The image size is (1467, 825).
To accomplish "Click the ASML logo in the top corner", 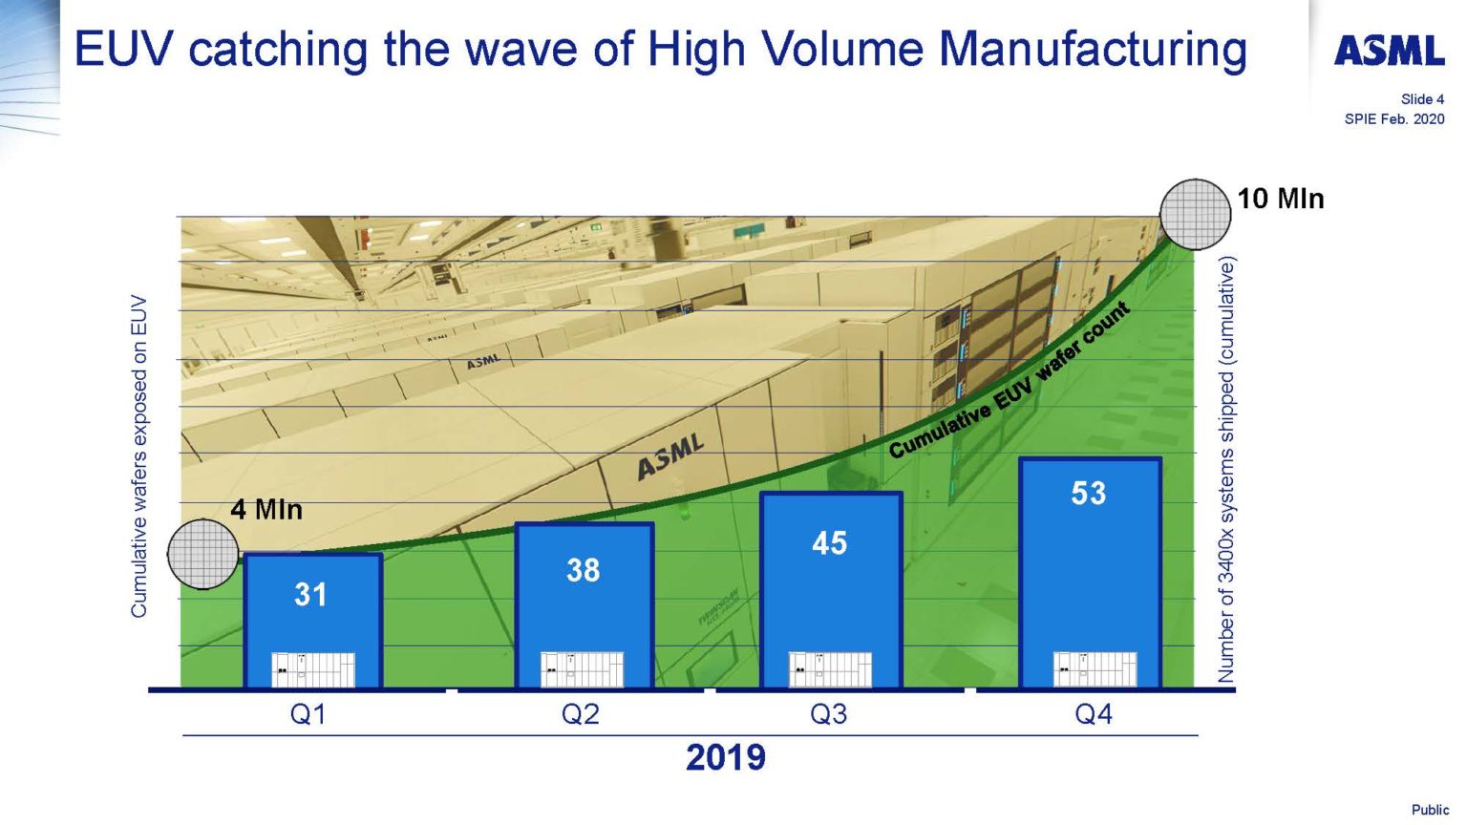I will tap(1389, 51).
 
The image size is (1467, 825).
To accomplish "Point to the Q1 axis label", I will tap(308, 714).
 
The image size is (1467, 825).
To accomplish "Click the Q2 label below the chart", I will tap(581, 714).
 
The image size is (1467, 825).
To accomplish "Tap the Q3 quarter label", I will tap(828, 714).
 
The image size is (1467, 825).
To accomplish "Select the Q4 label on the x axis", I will tap(1094, 714).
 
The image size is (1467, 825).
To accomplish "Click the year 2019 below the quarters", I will tap(726, 757).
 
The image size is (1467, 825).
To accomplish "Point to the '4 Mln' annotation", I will tap(266, 510).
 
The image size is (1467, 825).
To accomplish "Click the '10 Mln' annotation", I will tap(1281, 199).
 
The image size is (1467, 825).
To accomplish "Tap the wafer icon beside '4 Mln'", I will tap(202, 554).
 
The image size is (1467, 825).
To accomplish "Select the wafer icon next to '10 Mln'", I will tap(1195, 214).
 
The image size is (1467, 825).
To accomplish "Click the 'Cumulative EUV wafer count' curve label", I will tap(1010, 381).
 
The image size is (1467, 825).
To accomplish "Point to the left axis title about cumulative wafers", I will tap(139, 456).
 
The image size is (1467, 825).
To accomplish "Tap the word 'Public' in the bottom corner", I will tap(1430, 810).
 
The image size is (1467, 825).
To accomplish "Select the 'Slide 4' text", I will tap(1422, 99).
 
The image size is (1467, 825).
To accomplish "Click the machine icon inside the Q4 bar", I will tap(1095, 669).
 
